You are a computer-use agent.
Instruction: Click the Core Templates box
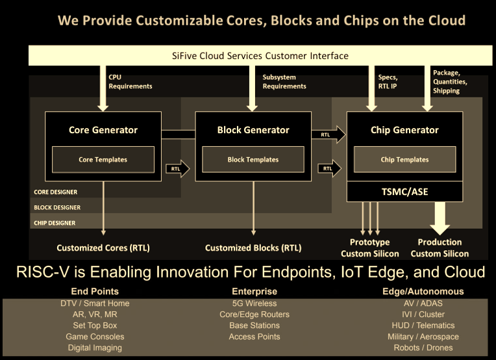click(x=103, y=159)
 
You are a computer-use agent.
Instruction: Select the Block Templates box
click(x=253, y=159)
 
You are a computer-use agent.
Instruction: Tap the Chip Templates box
click(x=404, y=159)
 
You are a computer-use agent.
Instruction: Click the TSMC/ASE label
click(x=404, y=192)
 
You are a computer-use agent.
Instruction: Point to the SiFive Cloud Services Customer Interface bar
click(x=260, y=56)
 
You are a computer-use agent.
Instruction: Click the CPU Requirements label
click(x=130, y=81)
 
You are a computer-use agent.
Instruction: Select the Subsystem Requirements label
click(x=284, y=81)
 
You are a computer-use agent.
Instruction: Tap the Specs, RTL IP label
click(x=388, y=81)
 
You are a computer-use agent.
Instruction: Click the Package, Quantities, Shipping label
click(x=450, y=82)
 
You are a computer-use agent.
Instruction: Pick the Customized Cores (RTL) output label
click(x=104, y=248)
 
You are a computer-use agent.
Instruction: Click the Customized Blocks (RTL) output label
click(x=253, y=248)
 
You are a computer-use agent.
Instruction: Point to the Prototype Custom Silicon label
click(x=365, y=248)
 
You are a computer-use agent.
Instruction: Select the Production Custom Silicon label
click(x=440, y=248)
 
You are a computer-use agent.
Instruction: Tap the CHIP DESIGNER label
click(x=55, y=223)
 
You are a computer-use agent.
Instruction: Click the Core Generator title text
click(x=103, y=130)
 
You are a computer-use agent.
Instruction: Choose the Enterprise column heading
click(x=254, y=291)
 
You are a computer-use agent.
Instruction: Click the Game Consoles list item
click(x=95, y=337)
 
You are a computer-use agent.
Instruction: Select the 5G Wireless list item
click(x=254, y=303)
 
